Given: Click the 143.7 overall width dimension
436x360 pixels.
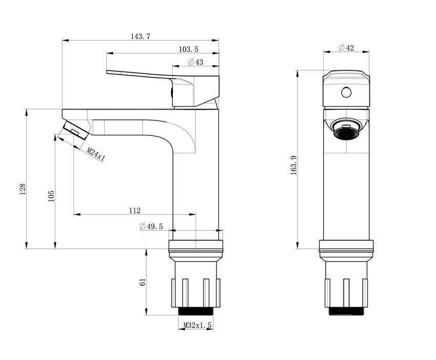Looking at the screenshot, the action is point(141,36).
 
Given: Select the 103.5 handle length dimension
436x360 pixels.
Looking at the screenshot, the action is point(189,49).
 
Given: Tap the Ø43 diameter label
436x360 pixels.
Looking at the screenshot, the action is point(196,62).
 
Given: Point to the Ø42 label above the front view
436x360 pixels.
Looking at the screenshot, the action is point(346,48).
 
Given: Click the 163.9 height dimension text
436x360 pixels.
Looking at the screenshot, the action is point(293,165).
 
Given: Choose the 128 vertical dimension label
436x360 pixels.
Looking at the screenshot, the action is point(23,189).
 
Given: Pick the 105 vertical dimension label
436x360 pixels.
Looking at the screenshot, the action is point(51,196).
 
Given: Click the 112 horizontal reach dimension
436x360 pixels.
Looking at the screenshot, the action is point(135,210).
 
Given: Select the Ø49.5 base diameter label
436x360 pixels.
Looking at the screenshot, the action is point(151,226).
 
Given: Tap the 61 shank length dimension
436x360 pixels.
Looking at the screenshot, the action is point(143,282).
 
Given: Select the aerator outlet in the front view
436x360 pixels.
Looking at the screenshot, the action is point(346,130).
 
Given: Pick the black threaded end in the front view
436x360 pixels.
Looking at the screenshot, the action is point(346,311).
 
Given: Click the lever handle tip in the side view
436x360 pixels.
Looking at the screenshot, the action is point(107,72).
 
